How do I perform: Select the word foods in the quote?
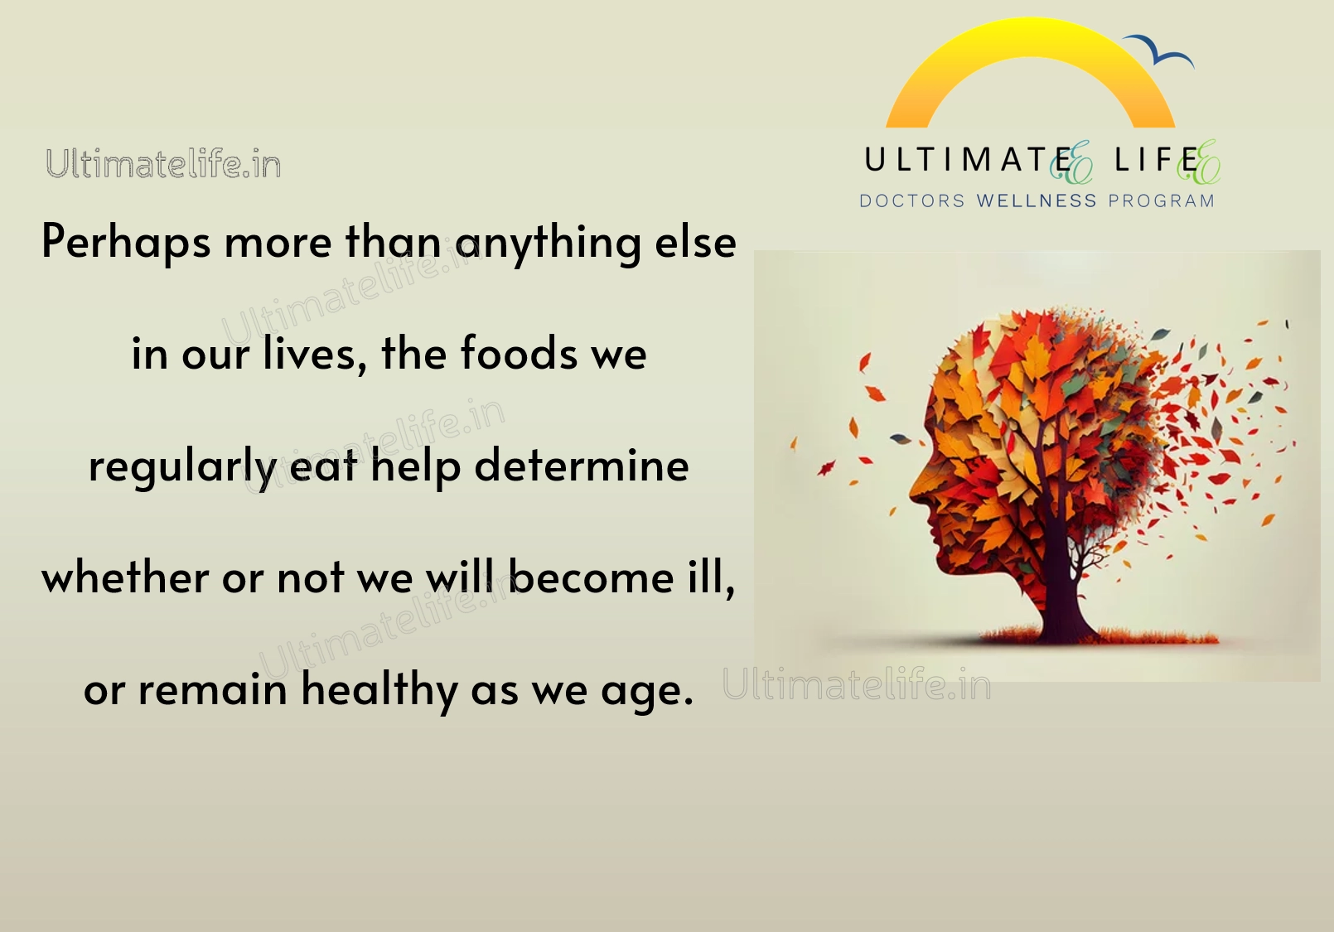click(519, 353)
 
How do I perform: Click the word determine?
click(582, 465)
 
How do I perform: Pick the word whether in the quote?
click(125, 577)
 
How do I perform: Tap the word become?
click(591, 577)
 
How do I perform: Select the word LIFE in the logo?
click(1157, 160)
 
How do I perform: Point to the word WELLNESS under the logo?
click(1037, 201)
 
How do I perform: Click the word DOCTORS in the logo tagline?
click(911, 201)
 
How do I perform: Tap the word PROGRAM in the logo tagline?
click(1161, 201)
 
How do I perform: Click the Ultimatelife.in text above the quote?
click(163, 164)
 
